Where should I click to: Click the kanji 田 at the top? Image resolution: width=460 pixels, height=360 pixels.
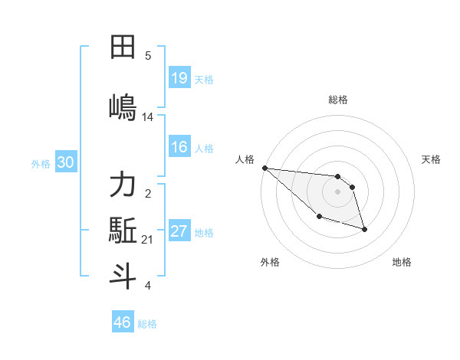click(123, 47)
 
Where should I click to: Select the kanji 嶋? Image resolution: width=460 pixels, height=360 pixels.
click(123, 105)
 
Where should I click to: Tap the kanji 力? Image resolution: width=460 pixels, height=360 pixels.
click(123, 185)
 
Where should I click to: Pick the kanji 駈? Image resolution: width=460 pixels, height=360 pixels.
click(123, 230)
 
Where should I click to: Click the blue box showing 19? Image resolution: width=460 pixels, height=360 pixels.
click(179, 77)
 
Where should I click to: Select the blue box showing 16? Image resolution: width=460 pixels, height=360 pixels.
click(179, 147)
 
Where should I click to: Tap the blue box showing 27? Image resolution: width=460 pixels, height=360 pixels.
click(179, 231)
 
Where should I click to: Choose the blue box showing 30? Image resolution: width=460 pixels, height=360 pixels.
click(65, 162)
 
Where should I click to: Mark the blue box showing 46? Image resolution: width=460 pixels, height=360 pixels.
click(123, 322)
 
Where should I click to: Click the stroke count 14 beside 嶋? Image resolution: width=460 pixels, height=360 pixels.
click(148, 117)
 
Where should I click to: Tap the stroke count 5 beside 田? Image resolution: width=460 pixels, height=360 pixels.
click(148, 55)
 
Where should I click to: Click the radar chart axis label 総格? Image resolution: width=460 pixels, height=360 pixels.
click(338, 100)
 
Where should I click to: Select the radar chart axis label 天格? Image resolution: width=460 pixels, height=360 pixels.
click(432, 159)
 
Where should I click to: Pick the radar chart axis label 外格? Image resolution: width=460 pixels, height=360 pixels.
click(270, 262)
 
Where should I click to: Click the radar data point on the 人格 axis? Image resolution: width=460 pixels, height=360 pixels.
click(264, 168)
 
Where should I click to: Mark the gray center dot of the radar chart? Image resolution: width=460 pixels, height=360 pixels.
click(338, 191)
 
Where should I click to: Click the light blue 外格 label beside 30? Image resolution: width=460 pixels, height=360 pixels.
click(41, 163)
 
